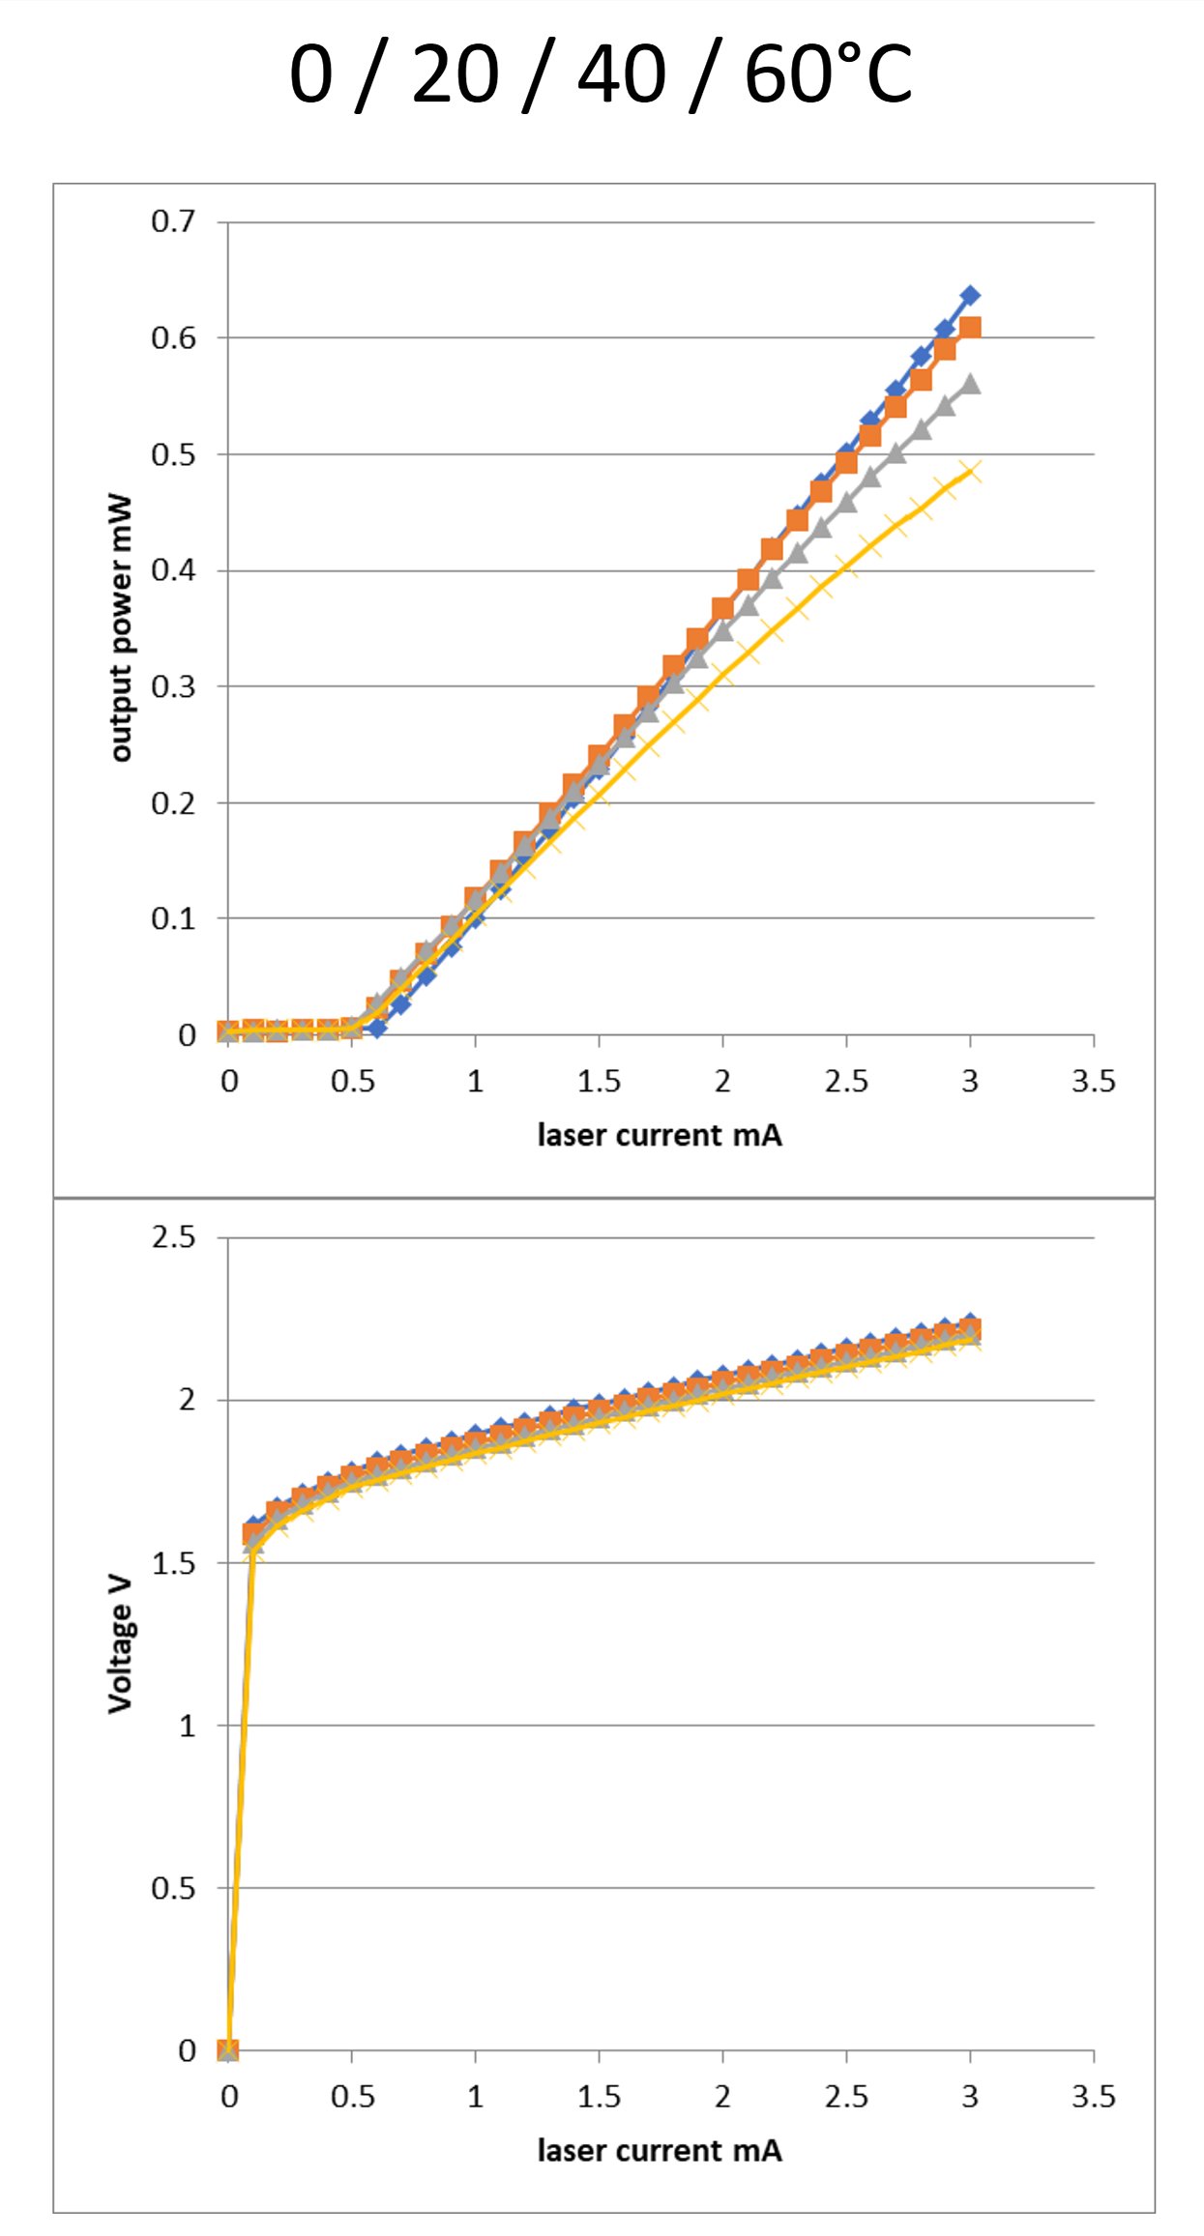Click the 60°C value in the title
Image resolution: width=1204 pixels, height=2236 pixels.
coord(828,75)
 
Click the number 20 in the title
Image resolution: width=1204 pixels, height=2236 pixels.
coord(455,75)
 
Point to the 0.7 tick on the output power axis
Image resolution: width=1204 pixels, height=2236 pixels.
coord(173,221)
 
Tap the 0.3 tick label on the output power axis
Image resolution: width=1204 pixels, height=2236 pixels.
coord(173,686)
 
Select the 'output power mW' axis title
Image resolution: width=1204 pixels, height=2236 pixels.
coord(120,628)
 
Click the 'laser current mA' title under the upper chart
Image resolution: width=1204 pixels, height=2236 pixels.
coord(660,1135)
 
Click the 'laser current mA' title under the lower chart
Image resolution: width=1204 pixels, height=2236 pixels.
coord(660,2150)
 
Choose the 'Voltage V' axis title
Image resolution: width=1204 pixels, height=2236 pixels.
coord(120,1643)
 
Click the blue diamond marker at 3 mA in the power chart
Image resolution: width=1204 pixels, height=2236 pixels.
coord(970,295)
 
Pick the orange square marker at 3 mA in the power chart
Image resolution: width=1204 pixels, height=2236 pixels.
coord(970,328)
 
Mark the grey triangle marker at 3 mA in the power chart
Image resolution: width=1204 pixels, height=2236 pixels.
coord(970,385)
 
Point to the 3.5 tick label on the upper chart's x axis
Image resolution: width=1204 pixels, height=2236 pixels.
coord(1093,1081)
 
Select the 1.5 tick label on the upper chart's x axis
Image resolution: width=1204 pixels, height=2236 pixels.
coord(599,1081)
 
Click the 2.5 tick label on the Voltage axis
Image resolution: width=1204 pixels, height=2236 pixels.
coord(173,1237)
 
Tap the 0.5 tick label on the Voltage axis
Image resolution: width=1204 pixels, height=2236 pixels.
coord(173,1888)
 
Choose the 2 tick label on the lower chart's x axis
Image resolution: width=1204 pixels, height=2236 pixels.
coord(722,2096)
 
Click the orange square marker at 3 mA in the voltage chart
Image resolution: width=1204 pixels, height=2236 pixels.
coord(970,1329)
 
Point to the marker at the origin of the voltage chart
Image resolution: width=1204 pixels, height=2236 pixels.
coord(228,2049)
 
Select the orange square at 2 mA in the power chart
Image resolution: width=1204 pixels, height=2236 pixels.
coord(722,608)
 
